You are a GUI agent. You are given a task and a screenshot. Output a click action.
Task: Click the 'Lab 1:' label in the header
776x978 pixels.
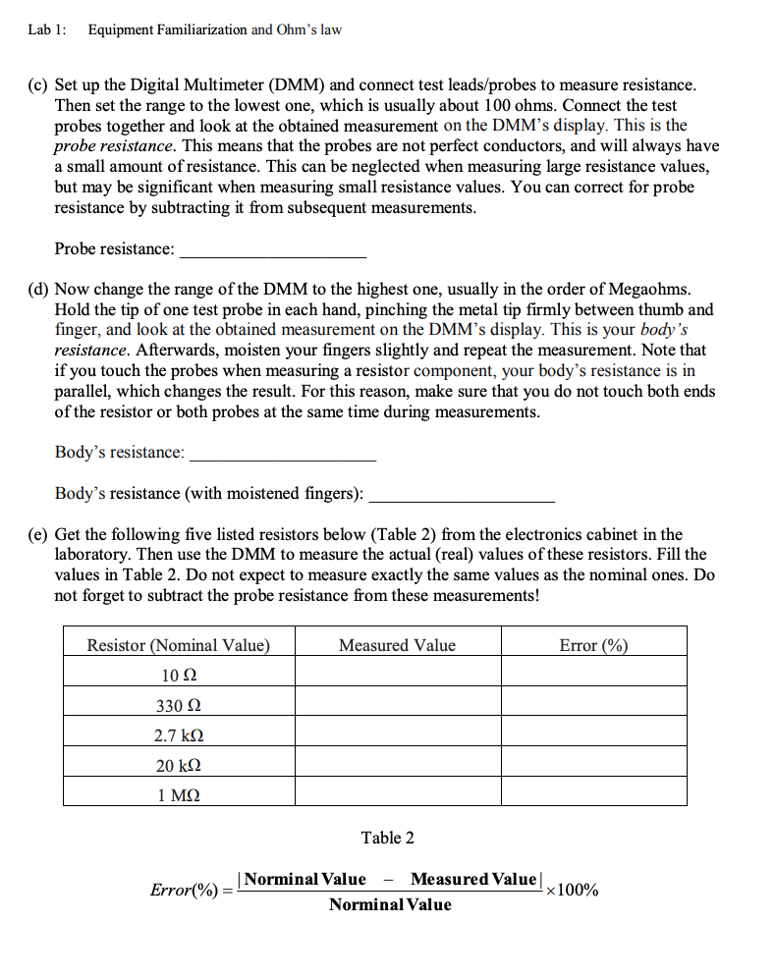pos(47,29)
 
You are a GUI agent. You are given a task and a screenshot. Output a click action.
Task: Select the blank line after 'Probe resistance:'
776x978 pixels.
pos(273,251)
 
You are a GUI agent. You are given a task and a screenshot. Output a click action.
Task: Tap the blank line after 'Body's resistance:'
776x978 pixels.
pos(282,455)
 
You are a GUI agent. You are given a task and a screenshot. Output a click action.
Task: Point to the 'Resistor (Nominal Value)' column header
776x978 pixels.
pos(178,645)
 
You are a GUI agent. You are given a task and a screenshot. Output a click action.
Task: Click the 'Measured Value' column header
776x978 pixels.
pos(397,645)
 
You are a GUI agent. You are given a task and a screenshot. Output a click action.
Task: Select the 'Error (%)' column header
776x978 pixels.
pos(594,645)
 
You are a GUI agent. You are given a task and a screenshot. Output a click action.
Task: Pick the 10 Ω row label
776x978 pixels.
pos(178,676)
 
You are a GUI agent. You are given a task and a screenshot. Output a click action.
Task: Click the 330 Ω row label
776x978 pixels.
pos(178,705)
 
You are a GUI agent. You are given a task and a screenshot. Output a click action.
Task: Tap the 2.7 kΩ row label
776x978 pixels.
pos(178,735)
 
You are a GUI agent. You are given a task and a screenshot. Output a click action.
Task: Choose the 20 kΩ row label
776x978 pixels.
pos(178,765)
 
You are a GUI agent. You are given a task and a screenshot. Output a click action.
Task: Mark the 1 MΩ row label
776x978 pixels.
pos(178,794)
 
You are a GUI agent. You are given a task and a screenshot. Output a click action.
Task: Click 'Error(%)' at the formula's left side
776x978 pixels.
pos(184,891)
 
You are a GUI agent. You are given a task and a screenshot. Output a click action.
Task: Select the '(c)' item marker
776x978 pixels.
pos(37,85)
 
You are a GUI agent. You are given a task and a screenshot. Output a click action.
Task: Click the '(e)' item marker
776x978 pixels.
pos(37,534)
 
